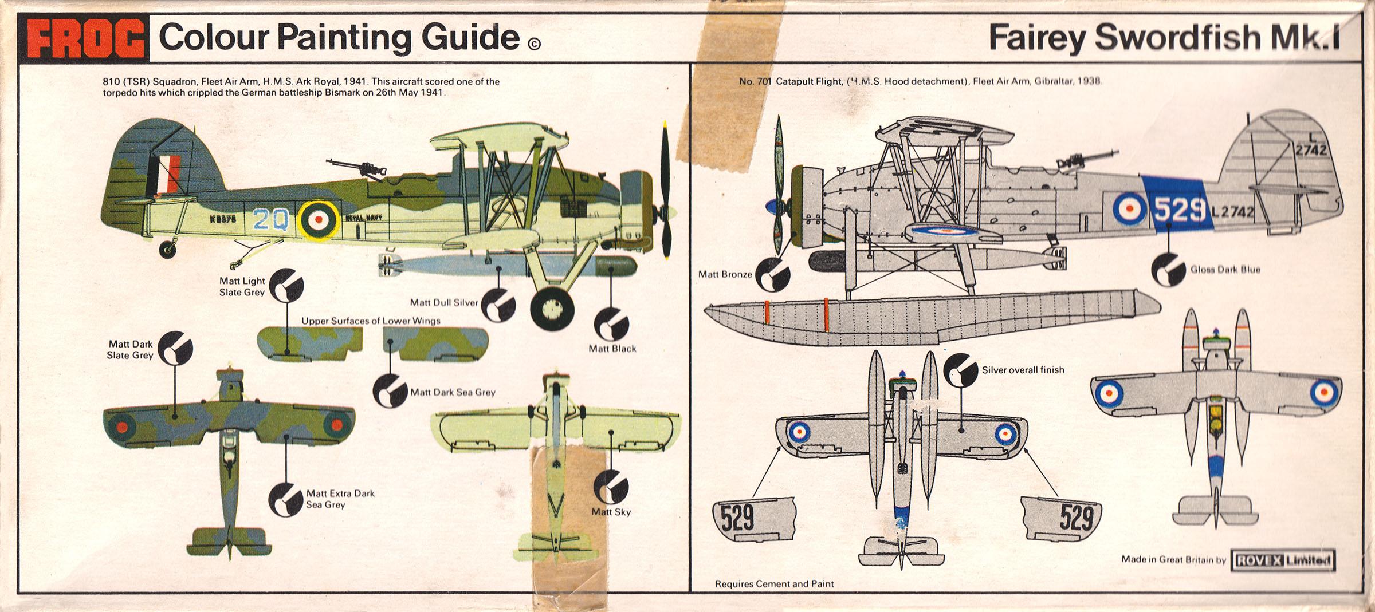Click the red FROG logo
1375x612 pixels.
click(84, 39)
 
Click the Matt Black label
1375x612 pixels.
click(612, 348)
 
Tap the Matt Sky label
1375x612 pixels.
click(611, 512)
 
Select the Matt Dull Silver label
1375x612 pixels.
click(443, 302)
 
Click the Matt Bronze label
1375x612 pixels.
click(725, 274)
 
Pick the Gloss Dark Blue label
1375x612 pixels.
click(1225, 269)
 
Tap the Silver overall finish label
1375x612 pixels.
click(1023, 370)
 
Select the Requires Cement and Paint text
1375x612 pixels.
click(774, 583)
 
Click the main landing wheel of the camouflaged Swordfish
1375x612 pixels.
click(552, 309)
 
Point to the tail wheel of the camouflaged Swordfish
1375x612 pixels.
click(167, 248)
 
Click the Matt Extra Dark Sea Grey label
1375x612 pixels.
click(340, 499)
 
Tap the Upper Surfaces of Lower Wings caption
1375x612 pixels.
click(371, 321)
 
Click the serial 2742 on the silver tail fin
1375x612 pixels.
click(1311, 150)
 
